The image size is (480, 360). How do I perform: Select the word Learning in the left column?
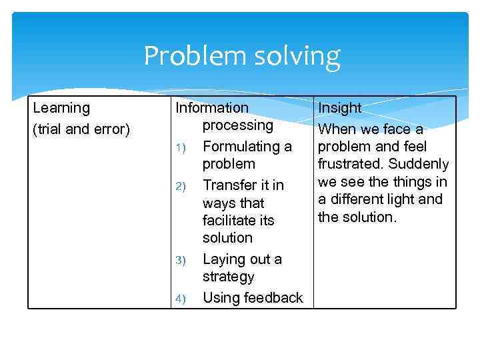(61, 108)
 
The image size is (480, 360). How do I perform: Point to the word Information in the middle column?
(211, 108)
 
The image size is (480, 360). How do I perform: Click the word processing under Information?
(238, 125)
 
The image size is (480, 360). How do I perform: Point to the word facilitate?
(229, 220)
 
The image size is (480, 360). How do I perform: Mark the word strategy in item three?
(228, 277)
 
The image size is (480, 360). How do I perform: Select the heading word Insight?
(339, 108)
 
